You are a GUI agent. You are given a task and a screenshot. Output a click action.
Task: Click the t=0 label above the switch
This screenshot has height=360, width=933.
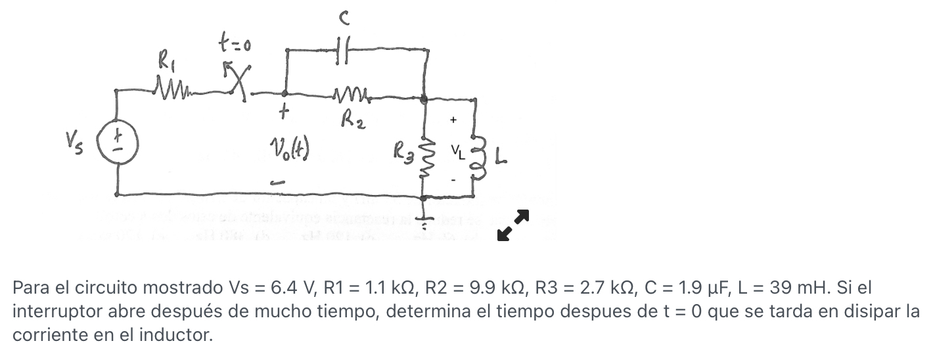tap(235, 45)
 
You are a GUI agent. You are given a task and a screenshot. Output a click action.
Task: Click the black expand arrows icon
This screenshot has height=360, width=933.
tap(512, 225)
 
